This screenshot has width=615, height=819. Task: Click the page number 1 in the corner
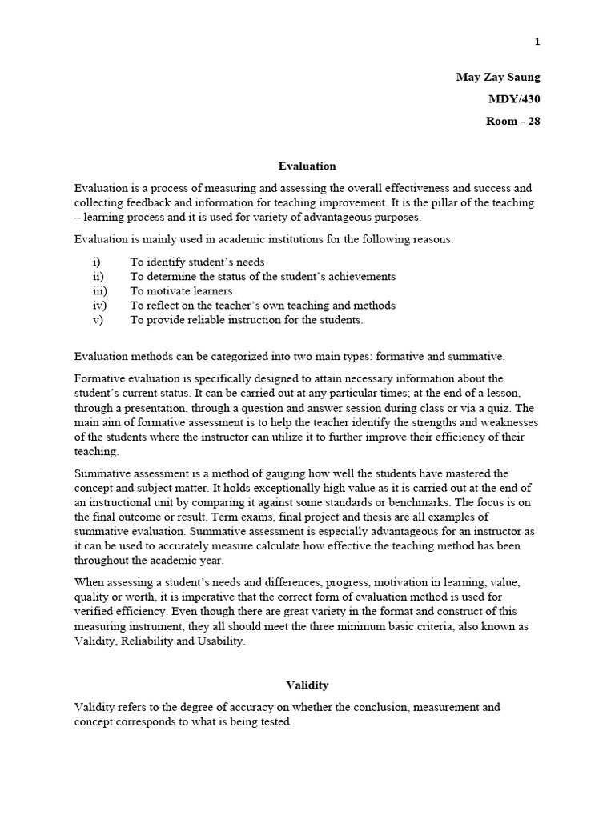coord(537,42)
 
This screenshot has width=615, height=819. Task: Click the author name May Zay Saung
coord(498,78)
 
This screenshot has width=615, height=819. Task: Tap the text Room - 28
coord(512,122)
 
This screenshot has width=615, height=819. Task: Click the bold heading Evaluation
coord(307,166)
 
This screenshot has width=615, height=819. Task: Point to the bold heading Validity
coord(307,685)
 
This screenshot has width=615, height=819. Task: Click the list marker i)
coord(97,262)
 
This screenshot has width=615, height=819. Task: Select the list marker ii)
coord(98,277)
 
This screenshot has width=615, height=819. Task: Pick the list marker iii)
coord(99,291)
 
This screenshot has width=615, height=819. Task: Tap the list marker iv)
coord(99,306)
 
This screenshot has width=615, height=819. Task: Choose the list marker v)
coord(98,320)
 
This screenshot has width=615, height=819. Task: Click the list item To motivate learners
coord(182,291)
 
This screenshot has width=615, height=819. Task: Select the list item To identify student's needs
coord(198,262)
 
